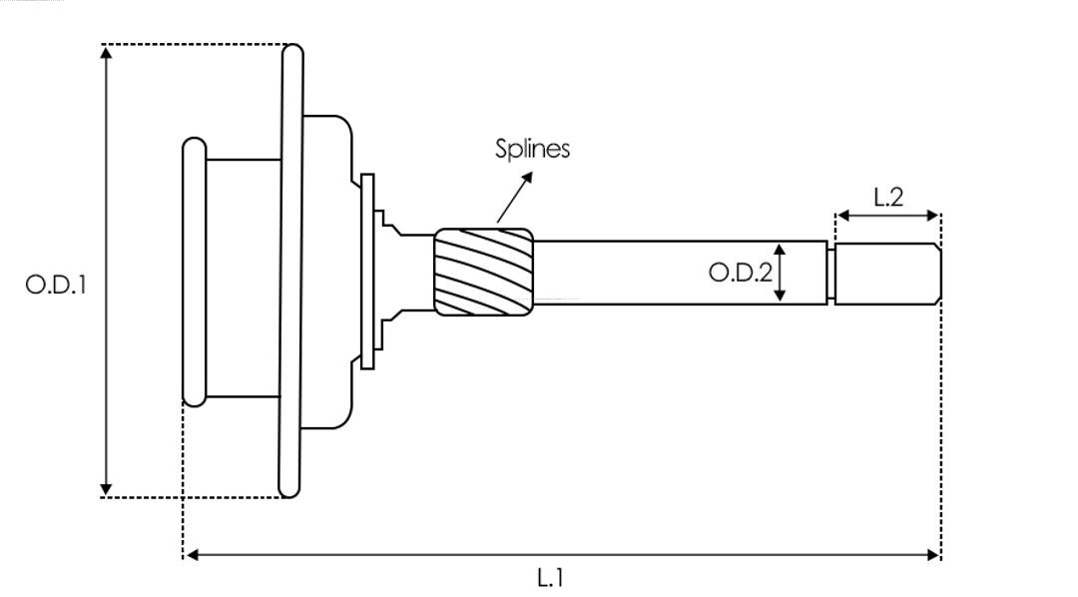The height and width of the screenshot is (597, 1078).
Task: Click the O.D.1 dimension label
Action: (57, 285)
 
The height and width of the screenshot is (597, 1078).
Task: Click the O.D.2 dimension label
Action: (740, 273)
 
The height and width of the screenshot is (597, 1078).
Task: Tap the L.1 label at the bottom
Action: (551, 577)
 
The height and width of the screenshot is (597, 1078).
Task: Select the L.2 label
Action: (887, 197)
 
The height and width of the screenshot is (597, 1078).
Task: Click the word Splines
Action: (533, 149)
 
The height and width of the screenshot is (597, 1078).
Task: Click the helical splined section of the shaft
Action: (483, 272)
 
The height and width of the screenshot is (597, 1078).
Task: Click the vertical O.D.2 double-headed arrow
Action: (781, 273)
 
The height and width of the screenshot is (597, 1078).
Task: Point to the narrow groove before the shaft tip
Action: (830, 273)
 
